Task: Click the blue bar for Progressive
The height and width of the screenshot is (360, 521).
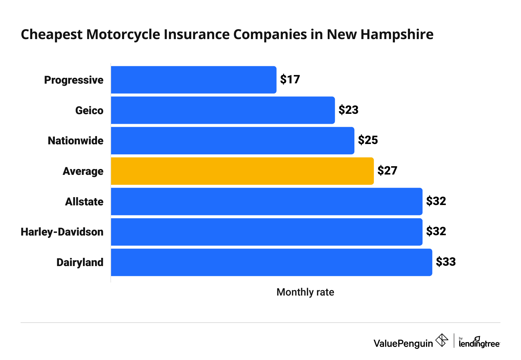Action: pyautogui.click(x=194, y=80)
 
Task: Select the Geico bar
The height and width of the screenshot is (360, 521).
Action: pyautogui.click(x=223, y=110)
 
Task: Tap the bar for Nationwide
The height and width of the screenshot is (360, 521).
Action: pyautogui.click(x=232, y=141)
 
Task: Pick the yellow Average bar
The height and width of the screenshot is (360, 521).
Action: pyautogui.click(x=242, y=171)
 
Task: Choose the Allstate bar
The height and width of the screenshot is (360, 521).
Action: pyautogui.click(x=267, y=202)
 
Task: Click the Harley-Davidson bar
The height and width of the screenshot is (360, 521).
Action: pyautogui.click(x=267, y=232)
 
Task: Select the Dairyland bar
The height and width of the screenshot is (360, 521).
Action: pyautogui.click(x=271, y=262)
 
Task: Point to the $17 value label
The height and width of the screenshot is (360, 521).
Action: pyautogui.click(x=290, y=80)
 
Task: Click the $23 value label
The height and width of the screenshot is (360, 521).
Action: pyautogui.click(x=348, y=110)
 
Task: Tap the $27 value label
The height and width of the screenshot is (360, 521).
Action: pyautogui.click(x=387, y=171)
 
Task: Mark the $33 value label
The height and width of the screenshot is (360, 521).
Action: pyautogui.click(x=446, y=262)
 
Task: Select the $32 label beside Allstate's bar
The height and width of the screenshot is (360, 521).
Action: pyautogui.click(x=436, y=201)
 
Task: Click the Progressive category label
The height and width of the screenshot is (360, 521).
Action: pyautogui.click(x=74, y=80)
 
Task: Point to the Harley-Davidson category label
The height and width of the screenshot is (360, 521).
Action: pyautogui.click(x=62, y=232)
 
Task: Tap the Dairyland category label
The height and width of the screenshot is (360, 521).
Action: pyautogui.click(x=80, y=263)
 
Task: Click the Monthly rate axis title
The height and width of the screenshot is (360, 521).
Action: pyautogui.click(x=305, y=292)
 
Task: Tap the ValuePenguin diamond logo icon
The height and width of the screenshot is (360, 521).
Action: pyautogui.click(x=442, y=340)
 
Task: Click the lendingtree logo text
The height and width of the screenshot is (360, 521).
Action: pyautogui.click(x=479, y=343)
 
